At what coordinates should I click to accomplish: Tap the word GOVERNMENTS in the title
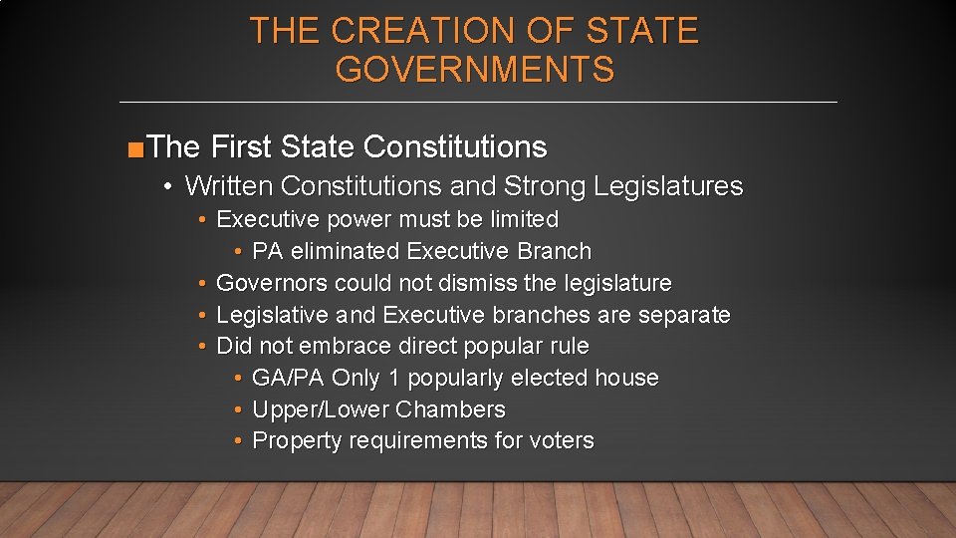[475, 70]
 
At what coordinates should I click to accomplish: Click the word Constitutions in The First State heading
[455, 147]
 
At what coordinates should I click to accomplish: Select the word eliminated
[346, 251]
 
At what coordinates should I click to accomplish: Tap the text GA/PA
[289, 379]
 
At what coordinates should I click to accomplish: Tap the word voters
[561, 441]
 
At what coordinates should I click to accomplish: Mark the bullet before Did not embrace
[202, 347]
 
